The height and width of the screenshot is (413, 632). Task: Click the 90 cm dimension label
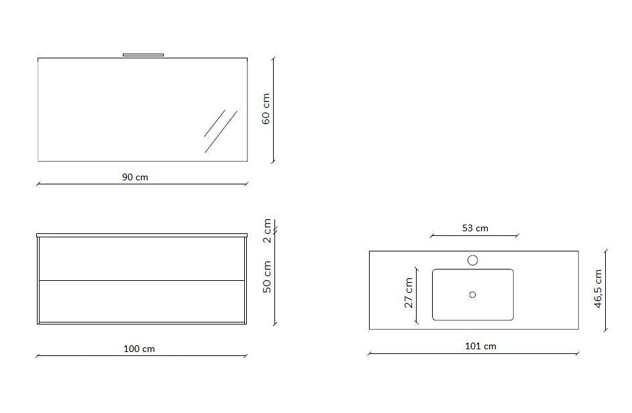click(x=135, y=177)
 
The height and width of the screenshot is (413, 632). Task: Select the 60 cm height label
click(x=266, y=109)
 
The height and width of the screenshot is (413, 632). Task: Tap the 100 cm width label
click(x=139, y=349)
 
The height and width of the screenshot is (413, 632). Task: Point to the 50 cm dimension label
click(x=267, y=277)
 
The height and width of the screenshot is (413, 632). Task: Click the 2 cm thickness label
click(x=267, y=231)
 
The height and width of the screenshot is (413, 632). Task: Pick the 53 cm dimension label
click(x=475, y=228)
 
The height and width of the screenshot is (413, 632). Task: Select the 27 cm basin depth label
click(x=409, y=292)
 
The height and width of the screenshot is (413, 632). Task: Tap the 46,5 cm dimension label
click(x=598, y=289)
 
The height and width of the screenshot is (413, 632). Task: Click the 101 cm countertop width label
click(x=480, y=346)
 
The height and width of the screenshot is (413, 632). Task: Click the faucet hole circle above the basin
click(x=473, y=260)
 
